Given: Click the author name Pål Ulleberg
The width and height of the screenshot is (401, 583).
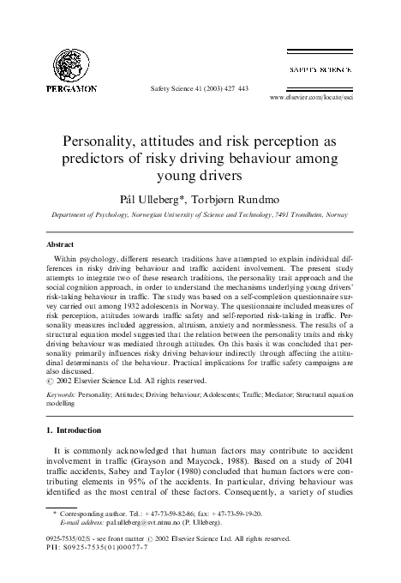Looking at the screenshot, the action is (x=159, y=195).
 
